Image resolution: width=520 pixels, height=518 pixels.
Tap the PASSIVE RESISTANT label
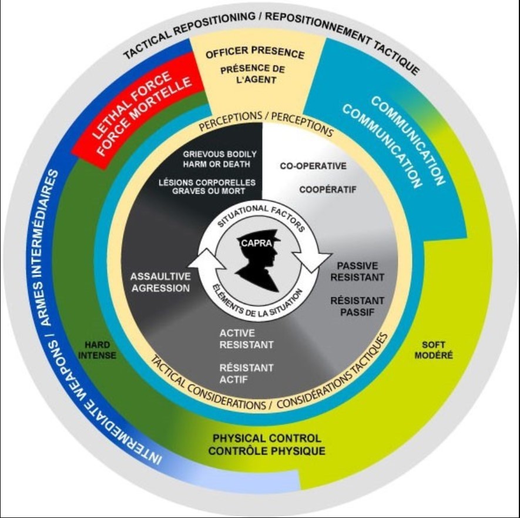[x=361, y=271]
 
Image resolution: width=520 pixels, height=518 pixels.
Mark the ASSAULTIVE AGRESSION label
[x=160, y=282]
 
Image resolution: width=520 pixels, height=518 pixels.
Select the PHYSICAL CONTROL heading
[x=267, y=439]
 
